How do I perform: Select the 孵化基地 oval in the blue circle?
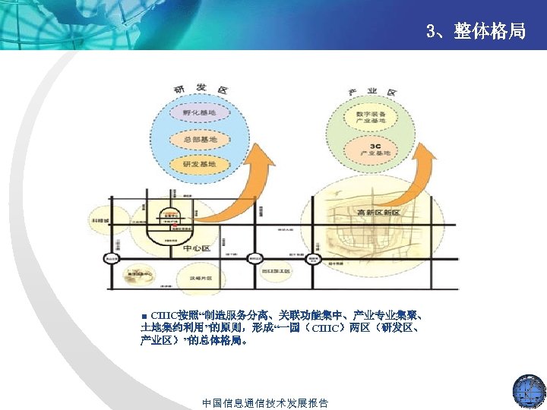(199, 113)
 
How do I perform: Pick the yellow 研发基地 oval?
(200, 164)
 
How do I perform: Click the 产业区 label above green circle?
(372, 92)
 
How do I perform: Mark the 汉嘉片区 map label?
(200, 279)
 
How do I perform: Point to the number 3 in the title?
(431, 32)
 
